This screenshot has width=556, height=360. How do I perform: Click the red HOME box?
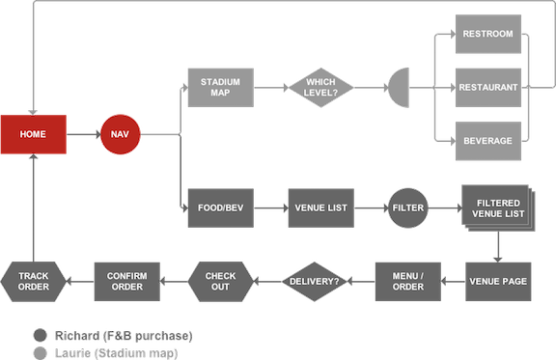[34, 134]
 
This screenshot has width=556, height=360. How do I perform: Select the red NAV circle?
[121, 134]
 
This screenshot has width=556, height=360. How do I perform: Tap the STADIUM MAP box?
[220, 87]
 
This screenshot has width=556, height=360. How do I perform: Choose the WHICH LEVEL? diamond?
[320, 87]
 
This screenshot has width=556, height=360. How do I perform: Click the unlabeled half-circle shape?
[400, 87]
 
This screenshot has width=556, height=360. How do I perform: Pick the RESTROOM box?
[488, 34]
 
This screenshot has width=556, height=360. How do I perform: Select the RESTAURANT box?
[488, 87]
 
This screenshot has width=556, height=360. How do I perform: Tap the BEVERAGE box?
[488, 141]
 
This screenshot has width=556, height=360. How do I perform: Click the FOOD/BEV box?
[220, 208]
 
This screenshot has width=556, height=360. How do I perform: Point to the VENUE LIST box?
[320, 208]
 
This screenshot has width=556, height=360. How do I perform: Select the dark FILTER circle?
[407, 208]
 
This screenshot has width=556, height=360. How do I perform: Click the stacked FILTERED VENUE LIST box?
[498, 208]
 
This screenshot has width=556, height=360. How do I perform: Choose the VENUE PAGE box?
[498, 282]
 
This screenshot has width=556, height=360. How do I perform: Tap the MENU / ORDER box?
[408, 282]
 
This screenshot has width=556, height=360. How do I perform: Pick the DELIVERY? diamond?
[314, 282]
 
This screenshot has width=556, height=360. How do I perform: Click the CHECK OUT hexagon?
[220, 282]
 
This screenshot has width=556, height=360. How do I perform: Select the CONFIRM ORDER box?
[127, 282]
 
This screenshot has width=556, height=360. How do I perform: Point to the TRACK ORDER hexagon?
[34, 282]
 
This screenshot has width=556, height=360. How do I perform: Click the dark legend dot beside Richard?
[41, 336]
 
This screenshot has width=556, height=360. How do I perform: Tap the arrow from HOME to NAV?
[84, 134]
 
